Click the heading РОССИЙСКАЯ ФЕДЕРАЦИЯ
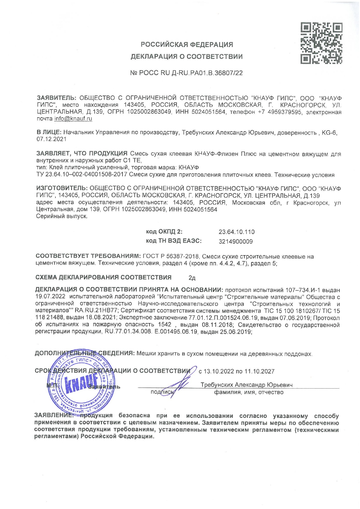tap(187, 44)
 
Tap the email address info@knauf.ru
tap(73, 119)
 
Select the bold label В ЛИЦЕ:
tap(49, 132)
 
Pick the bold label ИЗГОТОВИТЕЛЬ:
tap(62, 189)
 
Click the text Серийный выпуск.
tap(62, 216)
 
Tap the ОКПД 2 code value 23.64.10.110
tap(236, 232)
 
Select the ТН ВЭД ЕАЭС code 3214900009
tap(235, 241)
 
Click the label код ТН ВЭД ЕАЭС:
tap(174, 241)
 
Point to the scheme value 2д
tap(192, 278)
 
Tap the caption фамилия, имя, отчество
tap(249, 392)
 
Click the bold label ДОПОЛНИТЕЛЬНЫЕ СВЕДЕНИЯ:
tap(84, 353)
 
